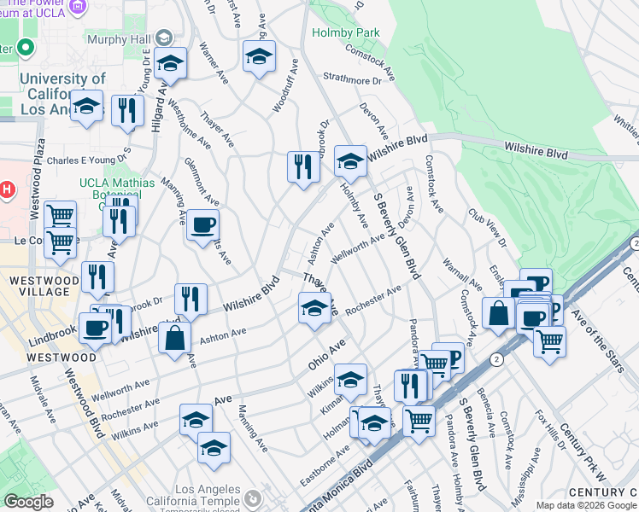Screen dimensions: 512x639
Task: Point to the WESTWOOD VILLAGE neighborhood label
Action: (38, 285)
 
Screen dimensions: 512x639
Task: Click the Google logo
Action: (28, 502)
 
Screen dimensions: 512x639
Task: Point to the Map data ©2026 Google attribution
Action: (586, 505)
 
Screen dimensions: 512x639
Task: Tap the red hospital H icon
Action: (7, 189)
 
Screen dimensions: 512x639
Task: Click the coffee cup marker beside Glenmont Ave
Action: (202, 226)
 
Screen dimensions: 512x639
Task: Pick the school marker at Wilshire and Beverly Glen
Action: (350, 161)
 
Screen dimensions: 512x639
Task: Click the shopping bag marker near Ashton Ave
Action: (174, 337)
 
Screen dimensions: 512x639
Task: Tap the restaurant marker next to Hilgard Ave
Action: (127, 111)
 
